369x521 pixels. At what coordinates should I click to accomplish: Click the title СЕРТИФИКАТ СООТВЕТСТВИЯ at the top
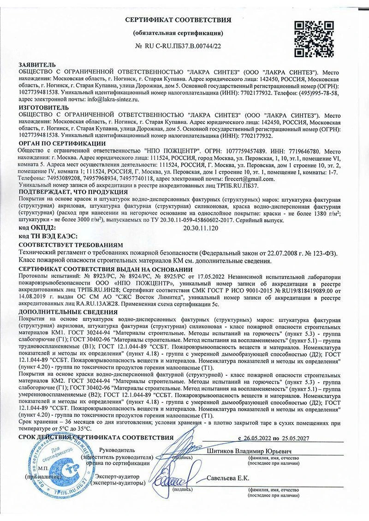pos(178,20)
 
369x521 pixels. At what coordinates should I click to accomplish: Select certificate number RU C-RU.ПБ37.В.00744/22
pos(178,46)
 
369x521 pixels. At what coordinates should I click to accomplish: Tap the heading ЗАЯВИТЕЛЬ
pos(37,65)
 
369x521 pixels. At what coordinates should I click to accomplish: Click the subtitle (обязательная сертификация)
pos(178,33)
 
